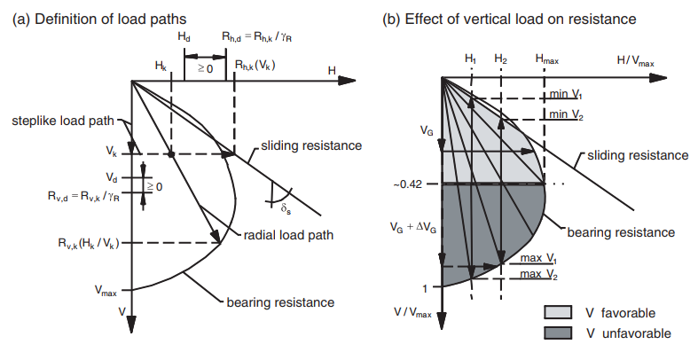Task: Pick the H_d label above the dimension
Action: [x=184, y=39]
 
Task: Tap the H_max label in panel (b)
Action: [x=547, y=59]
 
